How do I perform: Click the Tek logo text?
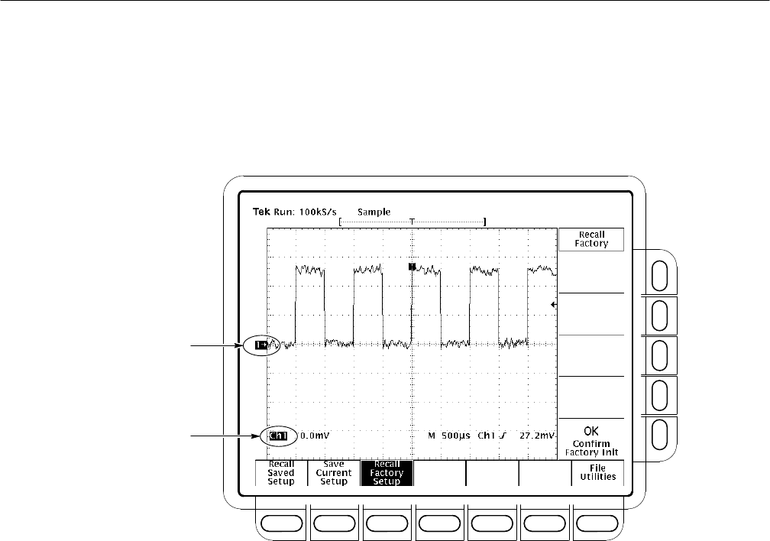pos(261,212)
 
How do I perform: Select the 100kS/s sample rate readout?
pos(318,212)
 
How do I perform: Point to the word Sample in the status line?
pos(374,212)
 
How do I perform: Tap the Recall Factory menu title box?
pos(591,239)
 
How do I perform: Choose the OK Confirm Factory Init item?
pos(591,441)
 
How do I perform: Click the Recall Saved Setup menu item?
pos(281,473)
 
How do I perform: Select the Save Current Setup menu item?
pos(333,473)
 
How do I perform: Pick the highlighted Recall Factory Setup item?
pos(387,473)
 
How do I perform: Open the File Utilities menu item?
pos(597,473)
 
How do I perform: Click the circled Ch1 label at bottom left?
pos(278,436)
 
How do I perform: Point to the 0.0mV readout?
pos(315,436)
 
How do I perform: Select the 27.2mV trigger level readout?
pos(537,436)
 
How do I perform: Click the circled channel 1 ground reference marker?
pos(261,345)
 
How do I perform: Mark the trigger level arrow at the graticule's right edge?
pos(554,305)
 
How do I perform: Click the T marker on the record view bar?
pos(412,222)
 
